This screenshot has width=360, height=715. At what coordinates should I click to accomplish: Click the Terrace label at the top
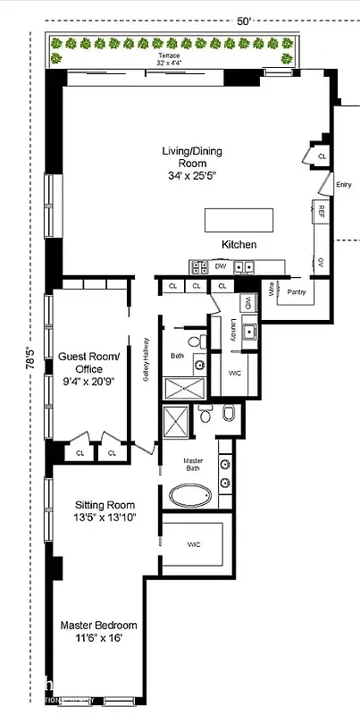pos(168,55)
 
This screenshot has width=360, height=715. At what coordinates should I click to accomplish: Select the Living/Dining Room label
pos(191,164)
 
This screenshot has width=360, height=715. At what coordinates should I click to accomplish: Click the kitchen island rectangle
pos(239,220)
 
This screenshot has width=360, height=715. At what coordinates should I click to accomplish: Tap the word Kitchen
pos(239,245)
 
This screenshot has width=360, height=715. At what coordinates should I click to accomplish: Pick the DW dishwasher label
pos(220,266)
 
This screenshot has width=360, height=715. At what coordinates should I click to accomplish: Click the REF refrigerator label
pos(321,212)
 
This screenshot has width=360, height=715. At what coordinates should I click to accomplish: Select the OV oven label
pos(321,262)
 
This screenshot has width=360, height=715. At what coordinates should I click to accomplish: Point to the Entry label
pos(343,185)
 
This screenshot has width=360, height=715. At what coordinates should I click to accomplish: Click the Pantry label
pos(297,291)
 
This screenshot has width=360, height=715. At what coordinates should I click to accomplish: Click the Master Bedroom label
pos(98,632)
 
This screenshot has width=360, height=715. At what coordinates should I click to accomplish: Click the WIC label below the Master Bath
pos(194,543)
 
